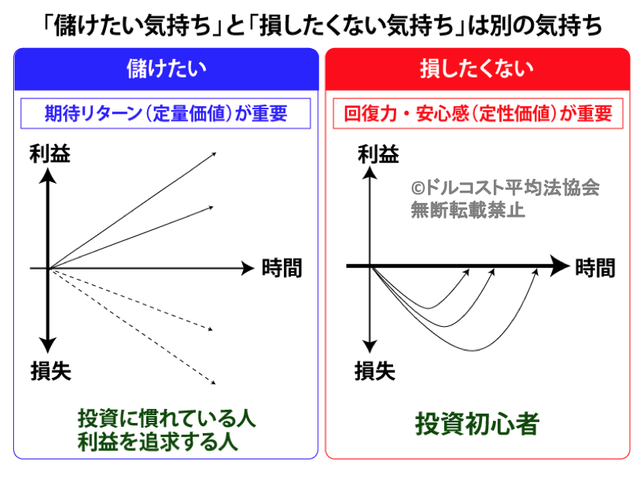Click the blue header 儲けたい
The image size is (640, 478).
click(166, 69)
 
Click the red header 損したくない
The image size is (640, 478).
click(477, 68)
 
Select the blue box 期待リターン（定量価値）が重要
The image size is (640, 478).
click(166, 114)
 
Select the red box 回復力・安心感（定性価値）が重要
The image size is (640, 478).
click(478, 114)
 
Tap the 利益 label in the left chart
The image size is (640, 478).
click(50, 154)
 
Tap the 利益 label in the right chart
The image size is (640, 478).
click(378, 155)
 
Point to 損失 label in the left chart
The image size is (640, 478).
click(51, 371)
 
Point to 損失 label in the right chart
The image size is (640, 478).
click(375, 371)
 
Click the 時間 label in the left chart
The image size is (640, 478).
click(282, 268)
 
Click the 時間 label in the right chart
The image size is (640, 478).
click(595, 268)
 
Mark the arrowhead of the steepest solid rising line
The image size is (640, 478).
click(214, 154)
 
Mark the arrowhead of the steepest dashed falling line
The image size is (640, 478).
click(214, 383)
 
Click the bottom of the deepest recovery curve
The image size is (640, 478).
click(473, 351)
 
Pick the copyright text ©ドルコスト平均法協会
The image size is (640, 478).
click(505, 188)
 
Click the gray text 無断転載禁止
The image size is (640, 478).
click(467, 210)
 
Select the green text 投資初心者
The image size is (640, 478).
click(477, 424)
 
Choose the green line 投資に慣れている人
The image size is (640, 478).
click(166, 418)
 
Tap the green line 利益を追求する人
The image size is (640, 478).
click(158, 442)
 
